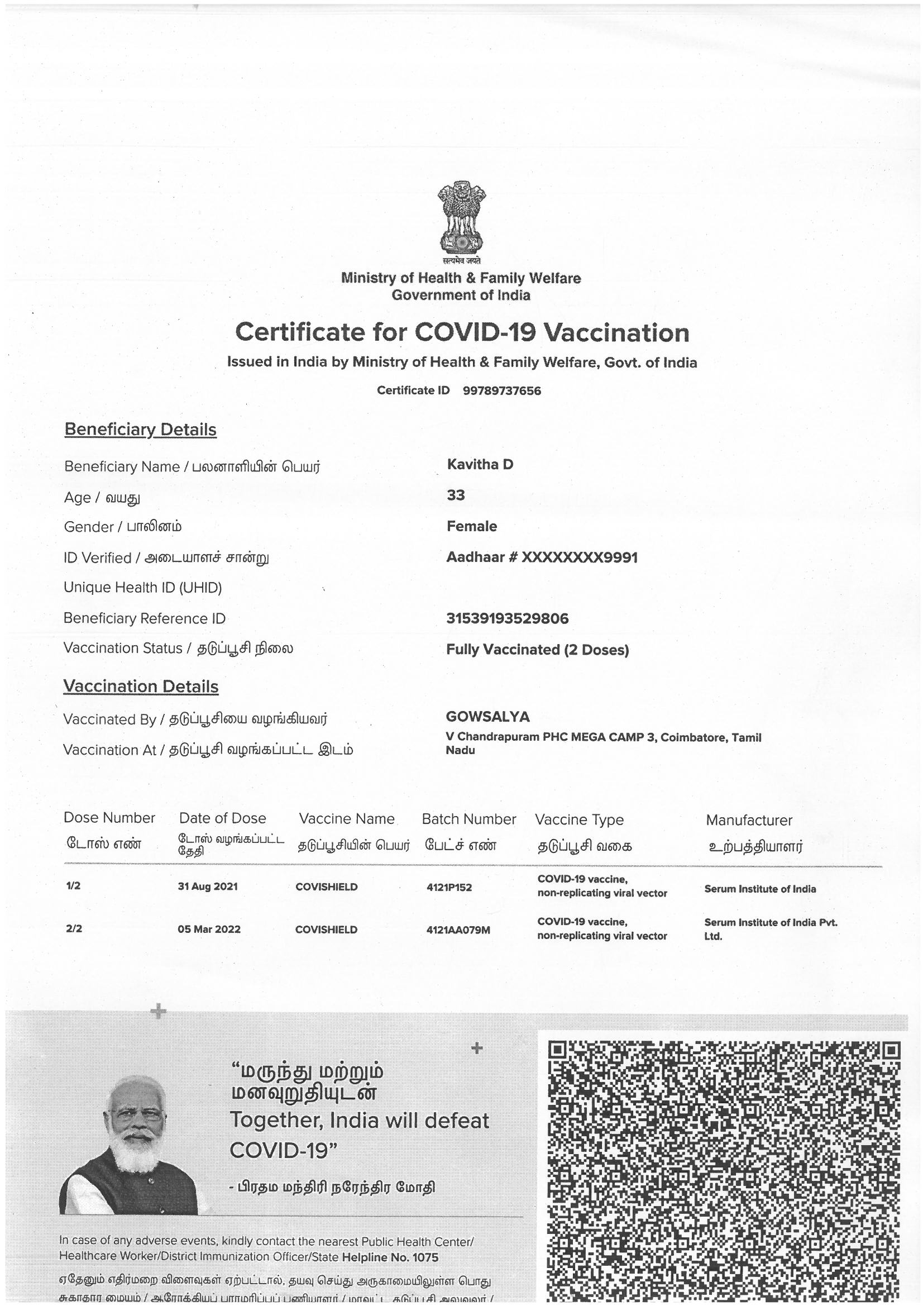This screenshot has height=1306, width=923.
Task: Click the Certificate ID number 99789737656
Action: (501, 391)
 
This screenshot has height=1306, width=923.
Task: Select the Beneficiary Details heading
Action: (141, 430)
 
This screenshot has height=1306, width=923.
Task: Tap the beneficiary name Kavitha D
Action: (480, 464)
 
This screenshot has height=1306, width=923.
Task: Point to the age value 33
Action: (456, 495)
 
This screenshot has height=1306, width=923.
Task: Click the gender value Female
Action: (471, 526)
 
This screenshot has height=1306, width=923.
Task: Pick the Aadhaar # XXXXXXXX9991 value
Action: (542, 557)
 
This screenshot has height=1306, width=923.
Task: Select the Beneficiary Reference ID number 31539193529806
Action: (507, 618)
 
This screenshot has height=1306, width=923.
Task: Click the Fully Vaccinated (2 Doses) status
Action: (537, 650)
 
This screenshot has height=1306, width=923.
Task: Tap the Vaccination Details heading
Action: (141, 687)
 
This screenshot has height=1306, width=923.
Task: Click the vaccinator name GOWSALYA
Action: (488, 717)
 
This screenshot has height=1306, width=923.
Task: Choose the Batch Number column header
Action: (468, 819)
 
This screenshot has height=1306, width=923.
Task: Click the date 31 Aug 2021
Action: (208, 887)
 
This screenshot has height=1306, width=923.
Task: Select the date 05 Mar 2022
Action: (209, 930)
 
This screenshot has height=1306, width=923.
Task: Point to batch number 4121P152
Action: (449, 888)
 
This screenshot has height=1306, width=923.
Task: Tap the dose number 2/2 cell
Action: (74, 929)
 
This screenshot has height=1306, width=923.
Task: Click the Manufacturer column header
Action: (748, 820)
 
